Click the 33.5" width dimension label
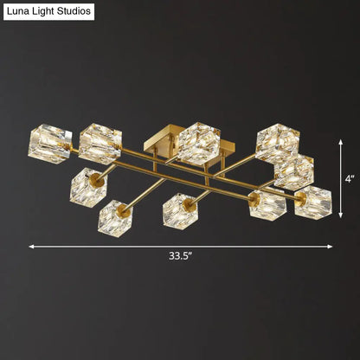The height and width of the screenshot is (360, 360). pos(181,256)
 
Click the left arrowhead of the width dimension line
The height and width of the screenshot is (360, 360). pos(32,246)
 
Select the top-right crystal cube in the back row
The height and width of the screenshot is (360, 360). pos(277,139)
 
